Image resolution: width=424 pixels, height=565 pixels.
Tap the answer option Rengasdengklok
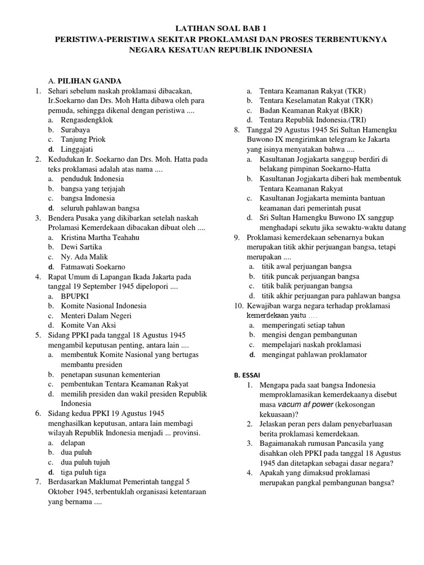point(87,120)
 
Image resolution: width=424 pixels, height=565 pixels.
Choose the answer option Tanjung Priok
point(83,139)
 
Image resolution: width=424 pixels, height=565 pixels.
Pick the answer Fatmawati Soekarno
point(93,266)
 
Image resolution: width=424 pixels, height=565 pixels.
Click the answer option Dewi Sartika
point(81,247)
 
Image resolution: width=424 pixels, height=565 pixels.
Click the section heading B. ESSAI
point(245,375)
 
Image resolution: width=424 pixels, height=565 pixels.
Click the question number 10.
point(238,306)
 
